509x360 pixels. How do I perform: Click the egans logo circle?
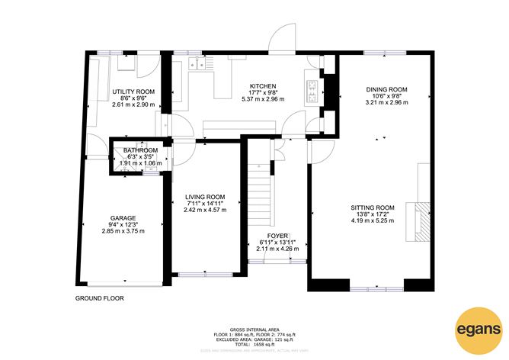tap(478, 330)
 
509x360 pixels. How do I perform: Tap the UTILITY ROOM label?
tap(134, 92)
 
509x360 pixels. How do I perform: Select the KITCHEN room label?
tap(262, 85)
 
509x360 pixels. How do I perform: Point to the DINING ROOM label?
tap(386, 89)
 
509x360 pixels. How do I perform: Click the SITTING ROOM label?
tap(373, 207)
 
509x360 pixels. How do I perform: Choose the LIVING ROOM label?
tap(205, 196)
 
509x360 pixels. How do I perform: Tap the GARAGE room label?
tap(123, 217)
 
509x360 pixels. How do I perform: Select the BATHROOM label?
tap(141, 150)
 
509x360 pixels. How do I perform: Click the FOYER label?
tap(276, 236)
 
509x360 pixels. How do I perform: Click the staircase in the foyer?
tap(261, 191)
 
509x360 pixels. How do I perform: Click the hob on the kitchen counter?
tap(312, 91)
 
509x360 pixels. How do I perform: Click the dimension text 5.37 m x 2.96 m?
tap(262, 98)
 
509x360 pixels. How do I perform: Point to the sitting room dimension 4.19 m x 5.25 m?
tap(373, 220)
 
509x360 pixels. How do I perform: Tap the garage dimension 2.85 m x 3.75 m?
tap(123, 231)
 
